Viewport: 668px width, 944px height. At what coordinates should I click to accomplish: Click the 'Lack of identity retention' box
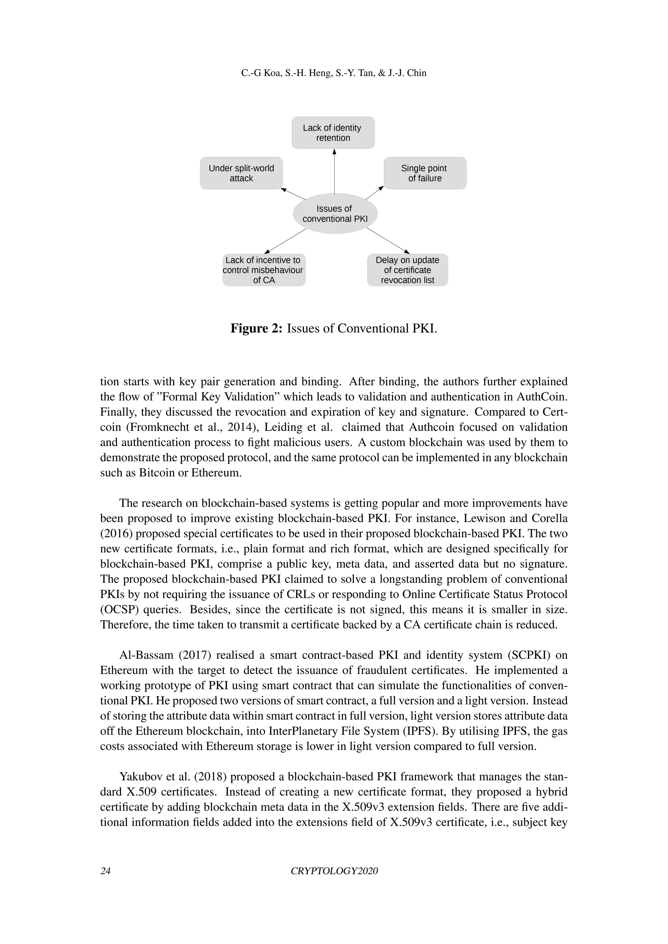333,132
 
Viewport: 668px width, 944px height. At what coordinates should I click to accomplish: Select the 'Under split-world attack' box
241,173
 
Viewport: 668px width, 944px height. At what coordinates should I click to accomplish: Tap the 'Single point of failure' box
425,173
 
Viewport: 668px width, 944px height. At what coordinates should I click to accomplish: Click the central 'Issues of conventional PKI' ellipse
335,214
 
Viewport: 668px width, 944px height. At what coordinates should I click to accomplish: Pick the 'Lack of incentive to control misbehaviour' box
264,270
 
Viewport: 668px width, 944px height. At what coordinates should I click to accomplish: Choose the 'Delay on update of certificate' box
407,270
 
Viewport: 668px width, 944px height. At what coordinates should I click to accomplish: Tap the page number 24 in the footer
105,871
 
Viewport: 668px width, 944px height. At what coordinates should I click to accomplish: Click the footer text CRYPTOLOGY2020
334,871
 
